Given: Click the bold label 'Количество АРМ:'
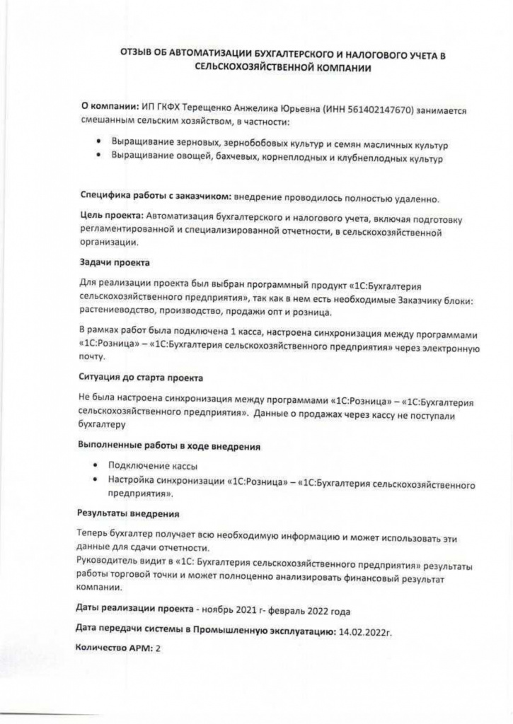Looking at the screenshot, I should click(114, 648).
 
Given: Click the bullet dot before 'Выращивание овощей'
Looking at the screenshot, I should click(98, 158).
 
